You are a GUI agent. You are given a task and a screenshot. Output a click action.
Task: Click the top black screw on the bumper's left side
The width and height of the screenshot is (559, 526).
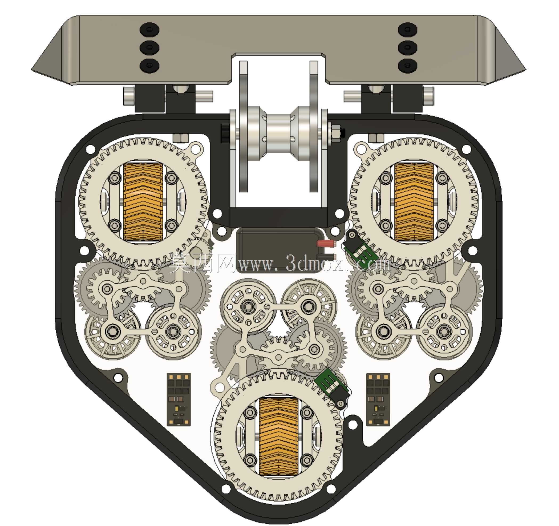pos(150,30)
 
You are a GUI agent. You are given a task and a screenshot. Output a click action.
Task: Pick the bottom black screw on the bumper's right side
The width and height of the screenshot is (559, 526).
pos(408,65)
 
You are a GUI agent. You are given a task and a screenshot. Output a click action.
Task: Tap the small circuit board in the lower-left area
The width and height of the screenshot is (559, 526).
pos(179,399)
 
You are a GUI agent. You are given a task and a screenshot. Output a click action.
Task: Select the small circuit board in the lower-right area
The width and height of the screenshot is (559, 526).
pos(378,399)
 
